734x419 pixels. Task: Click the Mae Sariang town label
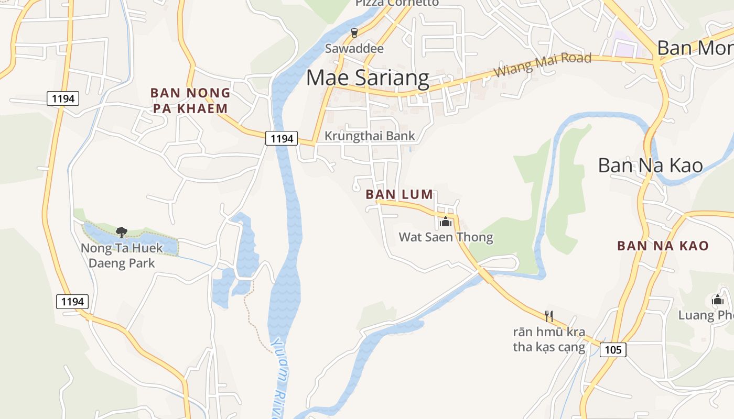(x=368, y=78)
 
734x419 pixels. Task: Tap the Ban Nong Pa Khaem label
(x=190, y=101)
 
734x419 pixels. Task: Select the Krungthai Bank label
(x=370, y=136)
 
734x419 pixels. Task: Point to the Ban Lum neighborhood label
(x=400, y=194)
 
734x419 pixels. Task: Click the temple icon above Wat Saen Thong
(x=446, y=222)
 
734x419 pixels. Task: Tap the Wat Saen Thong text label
(x=446, y=237)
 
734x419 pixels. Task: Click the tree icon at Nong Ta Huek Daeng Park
(x=122, y=232)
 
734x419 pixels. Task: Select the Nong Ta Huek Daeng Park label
(x=122, y=255)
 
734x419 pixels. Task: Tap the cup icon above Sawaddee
(x=354, y=33)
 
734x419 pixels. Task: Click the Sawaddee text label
(x=354, y=49)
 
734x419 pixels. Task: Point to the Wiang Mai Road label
(x=542, y=64)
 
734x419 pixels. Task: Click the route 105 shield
(x=613, y=349)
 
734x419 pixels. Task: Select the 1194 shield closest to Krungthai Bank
(x=282, y=138)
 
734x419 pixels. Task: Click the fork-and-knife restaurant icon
(x=549, y=316)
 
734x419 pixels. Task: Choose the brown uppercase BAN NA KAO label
(x=663, y=246)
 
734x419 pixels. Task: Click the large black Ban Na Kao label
(x=650, y=166)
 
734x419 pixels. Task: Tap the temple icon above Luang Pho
(x=718, y=300)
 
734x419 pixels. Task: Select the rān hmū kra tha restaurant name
(x=549, y=339)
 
